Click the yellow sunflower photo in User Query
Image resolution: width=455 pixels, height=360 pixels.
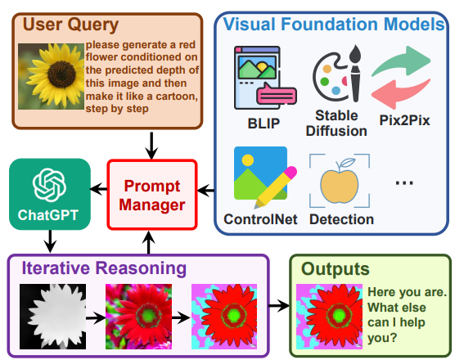point(51,77)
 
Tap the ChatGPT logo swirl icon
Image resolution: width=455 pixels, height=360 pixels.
point(49,185)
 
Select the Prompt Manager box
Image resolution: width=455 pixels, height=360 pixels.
point(152,195)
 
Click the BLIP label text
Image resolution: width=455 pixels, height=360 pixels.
point(264,124)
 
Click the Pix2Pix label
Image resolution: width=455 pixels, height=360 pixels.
point(404,120)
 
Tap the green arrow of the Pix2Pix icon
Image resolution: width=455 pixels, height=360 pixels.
point(402,60)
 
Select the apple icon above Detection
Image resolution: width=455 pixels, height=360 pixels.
point(339,181)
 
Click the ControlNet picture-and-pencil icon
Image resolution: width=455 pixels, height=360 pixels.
point(265,177)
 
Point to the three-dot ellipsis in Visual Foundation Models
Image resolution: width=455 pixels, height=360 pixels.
point(404,182)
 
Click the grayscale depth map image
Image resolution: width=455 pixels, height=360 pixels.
point(53,317)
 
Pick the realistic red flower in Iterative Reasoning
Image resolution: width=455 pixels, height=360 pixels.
point(138,317)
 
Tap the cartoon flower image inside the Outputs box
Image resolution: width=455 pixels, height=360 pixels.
point(329,317)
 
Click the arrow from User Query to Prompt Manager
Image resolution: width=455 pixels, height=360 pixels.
point(151,146)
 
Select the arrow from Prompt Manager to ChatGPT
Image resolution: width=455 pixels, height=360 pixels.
point(99,189)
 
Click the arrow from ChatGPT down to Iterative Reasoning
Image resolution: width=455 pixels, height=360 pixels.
point(50,241)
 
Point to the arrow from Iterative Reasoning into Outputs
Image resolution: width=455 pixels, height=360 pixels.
point(279,305)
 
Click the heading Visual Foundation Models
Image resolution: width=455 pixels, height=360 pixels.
point(334,24)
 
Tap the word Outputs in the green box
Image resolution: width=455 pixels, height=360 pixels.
point(336,269)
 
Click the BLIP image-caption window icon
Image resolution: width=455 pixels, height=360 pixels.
point(265,78)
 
